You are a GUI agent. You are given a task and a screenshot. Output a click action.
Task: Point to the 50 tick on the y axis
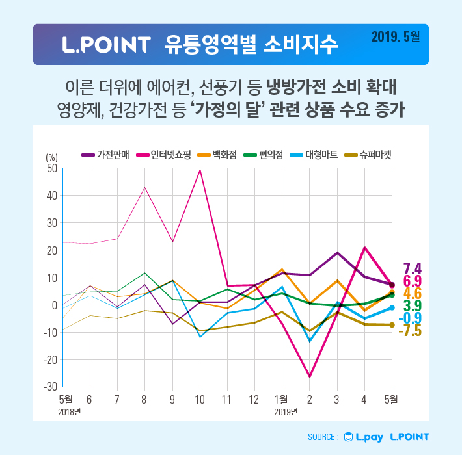point(51,168)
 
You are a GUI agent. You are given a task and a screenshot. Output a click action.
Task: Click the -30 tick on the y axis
point(50,387)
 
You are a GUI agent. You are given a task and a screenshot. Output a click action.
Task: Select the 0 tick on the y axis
point(55,305)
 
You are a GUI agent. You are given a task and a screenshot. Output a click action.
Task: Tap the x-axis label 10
point(200,398)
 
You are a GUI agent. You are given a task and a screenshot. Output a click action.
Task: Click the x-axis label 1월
point(281,398)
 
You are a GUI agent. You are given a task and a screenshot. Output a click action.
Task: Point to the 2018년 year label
point(70,411)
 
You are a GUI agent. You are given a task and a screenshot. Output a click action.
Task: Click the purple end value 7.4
point(413,268)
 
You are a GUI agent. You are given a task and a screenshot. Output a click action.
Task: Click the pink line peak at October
point(200,170)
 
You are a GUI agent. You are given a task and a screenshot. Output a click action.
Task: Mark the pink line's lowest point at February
point(310,376)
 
